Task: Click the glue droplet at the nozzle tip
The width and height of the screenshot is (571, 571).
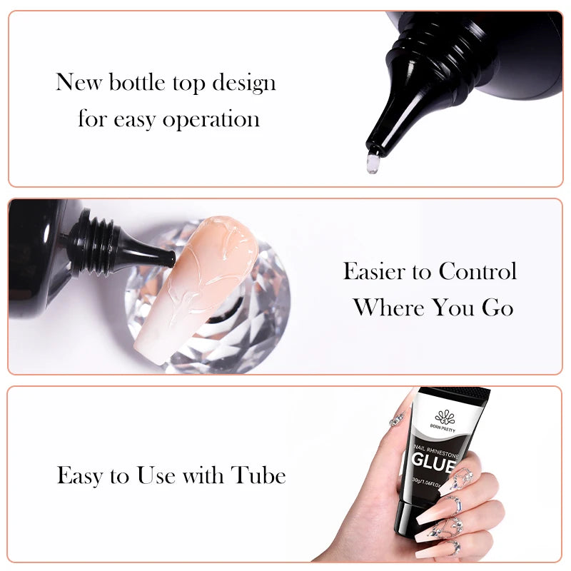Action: click(372, 163)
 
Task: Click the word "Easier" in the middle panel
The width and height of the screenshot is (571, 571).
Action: click(385, 271)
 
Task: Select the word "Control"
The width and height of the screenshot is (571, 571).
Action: click(477, 271)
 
